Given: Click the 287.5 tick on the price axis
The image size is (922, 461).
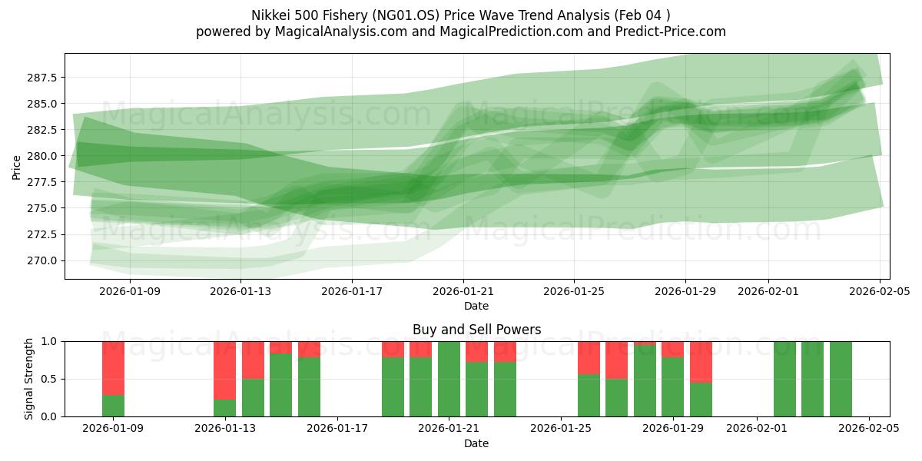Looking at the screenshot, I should pyautogui.click(x=45, y=78).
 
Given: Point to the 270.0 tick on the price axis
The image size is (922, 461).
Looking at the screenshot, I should pyautogui.click(x=45, y=260).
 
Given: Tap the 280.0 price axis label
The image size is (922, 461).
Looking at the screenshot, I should pyautogui.click(x=45, y=156).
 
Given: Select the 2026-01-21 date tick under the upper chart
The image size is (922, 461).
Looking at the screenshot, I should pyautogui.click(x=463, y=291).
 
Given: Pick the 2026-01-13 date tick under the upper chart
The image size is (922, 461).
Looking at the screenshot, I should pyautogui.click(x=241, y=291).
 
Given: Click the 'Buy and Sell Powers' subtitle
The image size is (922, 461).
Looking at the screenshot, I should pyautogui.click(x=476, y=330).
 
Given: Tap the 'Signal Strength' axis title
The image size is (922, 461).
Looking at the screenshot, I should pyautogui.click(x=28, y=378).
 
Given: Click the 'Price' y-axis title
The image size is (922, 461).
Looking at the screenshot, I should pyautogui.click(x=17, y=166).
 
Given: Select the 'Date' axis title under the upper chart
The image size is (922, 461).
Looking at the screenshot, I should pyautogui.click(x=476, y=306).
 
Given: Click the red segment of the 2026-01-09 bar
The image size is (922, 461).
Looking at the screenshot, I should pyautogui.click(x=113, y=368).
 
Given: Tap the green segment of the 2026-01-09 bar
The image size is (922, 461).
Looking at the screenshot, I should pyautogui.click(x=113, y=406).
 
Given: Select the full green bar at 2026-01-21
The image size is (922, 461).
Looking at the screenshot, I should pyautogui.click(x=449, y=379).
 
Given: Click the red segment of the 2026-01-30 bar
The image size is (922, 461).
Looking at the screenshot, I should pyautogui.click(x=701, y=362).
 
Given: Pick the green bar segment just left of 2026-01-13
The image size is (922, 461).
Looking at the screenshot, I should pyautogui.click(x=224, y=408).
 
